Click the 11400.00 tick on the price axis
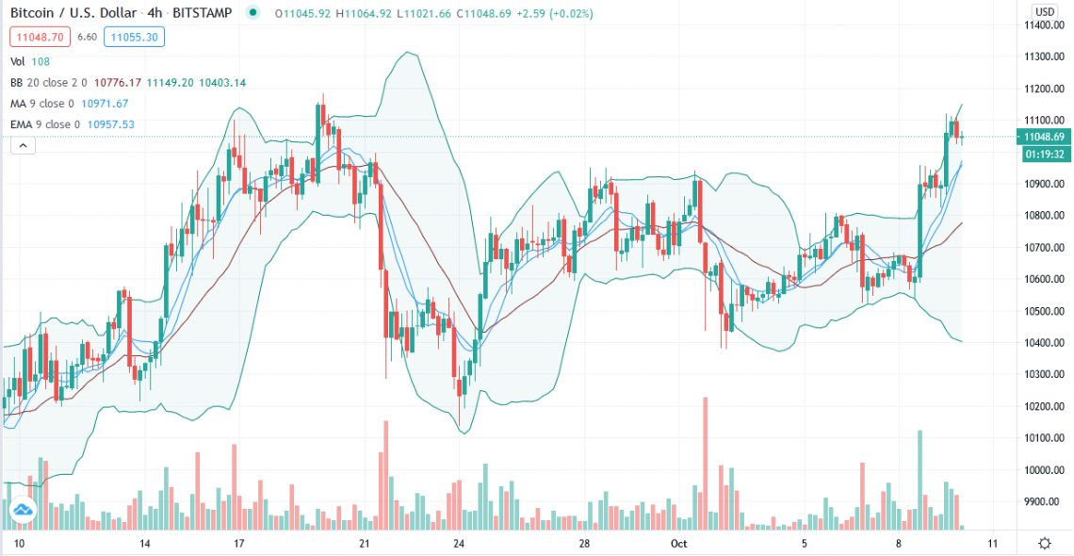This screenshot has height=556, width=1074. [x=1045, y=25]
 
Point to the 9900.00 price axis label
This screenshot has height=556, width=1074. [x=1045, y=501]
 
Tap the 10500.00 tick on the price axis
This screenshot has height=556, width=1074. [x=1045, y=311]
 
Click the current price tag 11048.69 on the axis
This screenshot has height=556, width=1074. [x=1045, y=137]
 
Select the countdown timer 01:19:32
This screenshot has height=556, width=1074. [x=1045, y=154]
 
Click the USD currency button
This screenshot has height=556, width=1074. [x=1044, y=11]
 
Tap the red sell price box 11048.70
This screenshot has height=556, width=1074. [x=37, y=37]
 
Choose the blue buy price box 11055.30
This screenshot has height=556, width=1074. [x=134, y=37]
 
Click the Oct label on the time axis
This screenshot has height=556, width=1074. [x=679, y=544]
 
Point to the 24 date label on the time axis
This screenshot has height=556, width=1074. [x=459, y=544]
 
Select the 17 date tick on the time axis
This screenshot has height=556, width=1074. [x=239, y=544]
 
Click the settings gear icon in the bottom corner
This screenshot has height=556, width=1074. [x=1044, y=544]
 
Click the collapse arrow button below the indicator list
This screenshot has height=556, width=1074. [x=22, y=144]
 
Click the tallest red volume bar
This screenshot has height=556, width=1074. [x=705, y=462]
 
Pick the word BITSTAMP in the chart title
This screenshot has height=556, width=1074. [x=205, y=13]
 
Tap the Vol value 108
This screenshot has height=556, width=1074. [x=42, y=61]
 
